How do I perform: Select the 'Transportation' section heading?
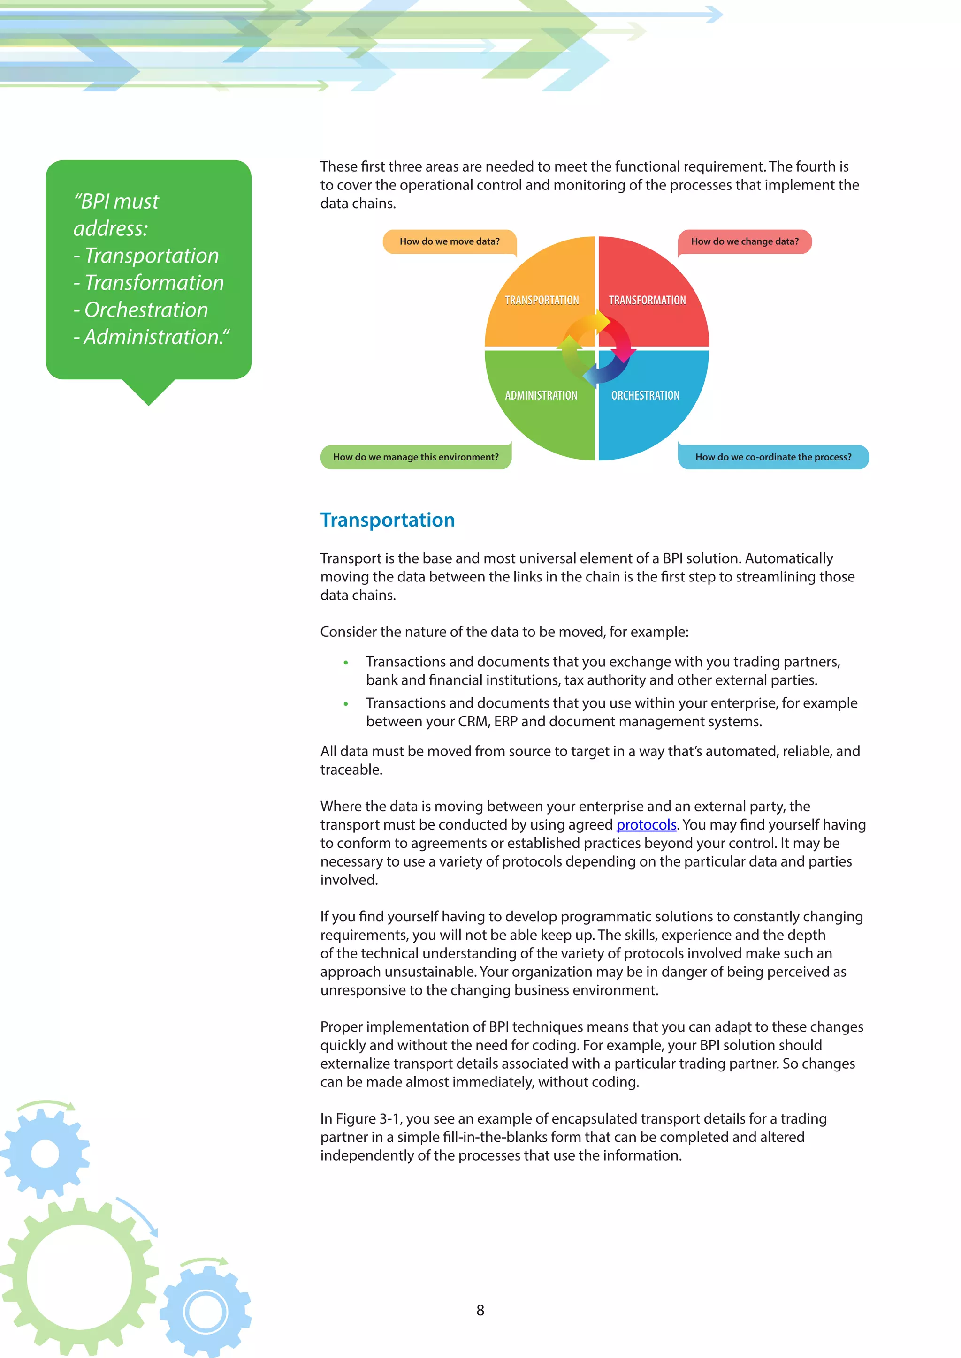388,520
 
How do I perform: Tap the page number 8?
480,1310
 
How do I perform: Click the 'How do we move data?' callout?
449,241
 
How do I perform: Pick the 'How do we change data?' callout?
744,241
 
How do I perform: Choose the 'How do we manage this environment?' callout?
415,457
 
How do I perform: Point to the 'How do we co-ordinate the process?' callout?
773,457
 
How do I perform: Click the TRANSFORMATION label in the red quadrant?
648,301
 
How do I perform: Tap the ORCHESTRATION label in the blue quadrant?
645,395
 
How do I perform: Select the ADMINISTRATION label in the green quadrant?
541,395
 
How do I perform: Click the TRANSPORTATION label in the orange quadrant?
542,301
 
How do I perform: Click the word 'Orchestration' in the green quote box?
146,310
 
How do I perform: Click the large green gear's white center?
79,1277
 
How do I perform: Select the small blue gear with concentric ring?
206,1312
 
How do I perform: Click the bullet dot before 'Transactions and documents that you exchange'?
345,663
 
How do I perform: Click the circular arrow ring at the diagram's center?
596,348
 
